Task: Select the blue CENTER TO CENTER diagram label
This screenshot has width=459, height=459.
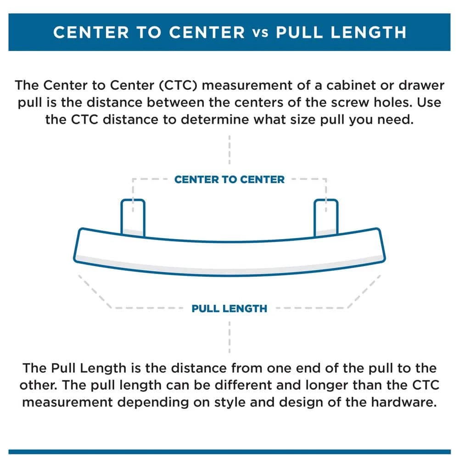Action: [x=229, y=179]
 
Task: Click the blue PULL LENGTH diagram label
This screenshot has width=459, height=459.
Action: [x=229, y=308]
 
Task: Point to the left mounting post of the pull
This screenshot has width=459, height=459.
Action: [x=133, y=216]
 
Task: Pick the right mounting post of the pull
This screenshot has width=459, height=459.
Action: [x=326, y=216]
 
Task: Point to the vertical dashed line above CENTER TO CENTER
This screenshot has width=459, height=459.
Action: [x=229, y=149]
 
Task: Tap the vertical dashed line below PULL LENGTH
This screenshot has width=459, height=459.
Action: [x=229, y=337]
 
